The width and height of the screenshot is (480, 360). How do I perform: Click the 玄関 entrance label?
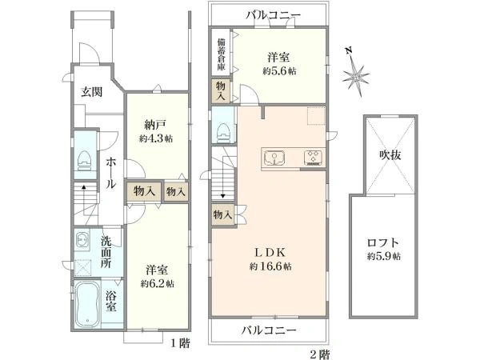click(x=90, y=92)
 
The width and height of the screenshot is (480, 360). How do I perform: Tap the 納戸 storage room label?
click(x=154, y=125)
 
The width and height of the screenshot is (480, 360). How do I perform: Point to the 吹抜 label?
click(x=390, y=155)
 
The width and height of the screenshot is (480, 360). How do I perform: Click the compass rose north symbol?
click(x=355, y=75)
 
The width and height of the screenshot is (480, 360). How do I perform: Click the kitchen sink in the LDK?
click(x=274, y=157)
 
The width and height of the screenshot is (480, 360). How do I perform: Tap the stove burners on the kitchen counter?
click(x=310, y=157)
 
